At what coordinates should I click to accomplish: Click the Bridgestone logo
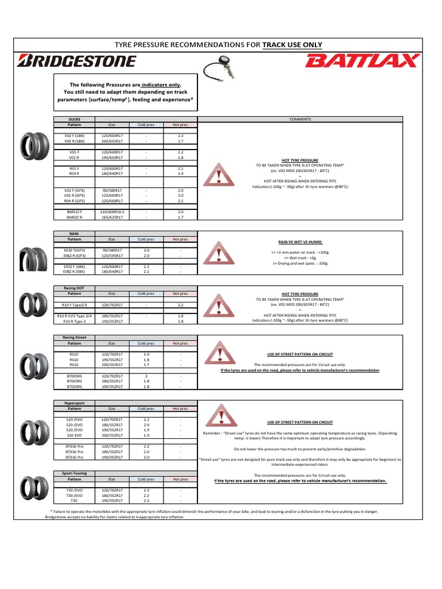78,60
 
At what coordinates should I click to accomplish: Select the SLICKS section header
74,119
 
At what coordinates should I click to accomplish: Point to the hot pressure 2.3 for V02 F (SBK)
181,135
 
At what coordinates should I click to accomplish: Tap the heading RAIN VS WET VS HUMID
300,243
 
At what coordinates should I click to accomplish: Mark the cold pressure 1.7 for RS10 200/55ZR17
146,364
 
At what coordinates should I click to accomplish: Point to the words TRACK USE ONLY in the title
292,45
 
